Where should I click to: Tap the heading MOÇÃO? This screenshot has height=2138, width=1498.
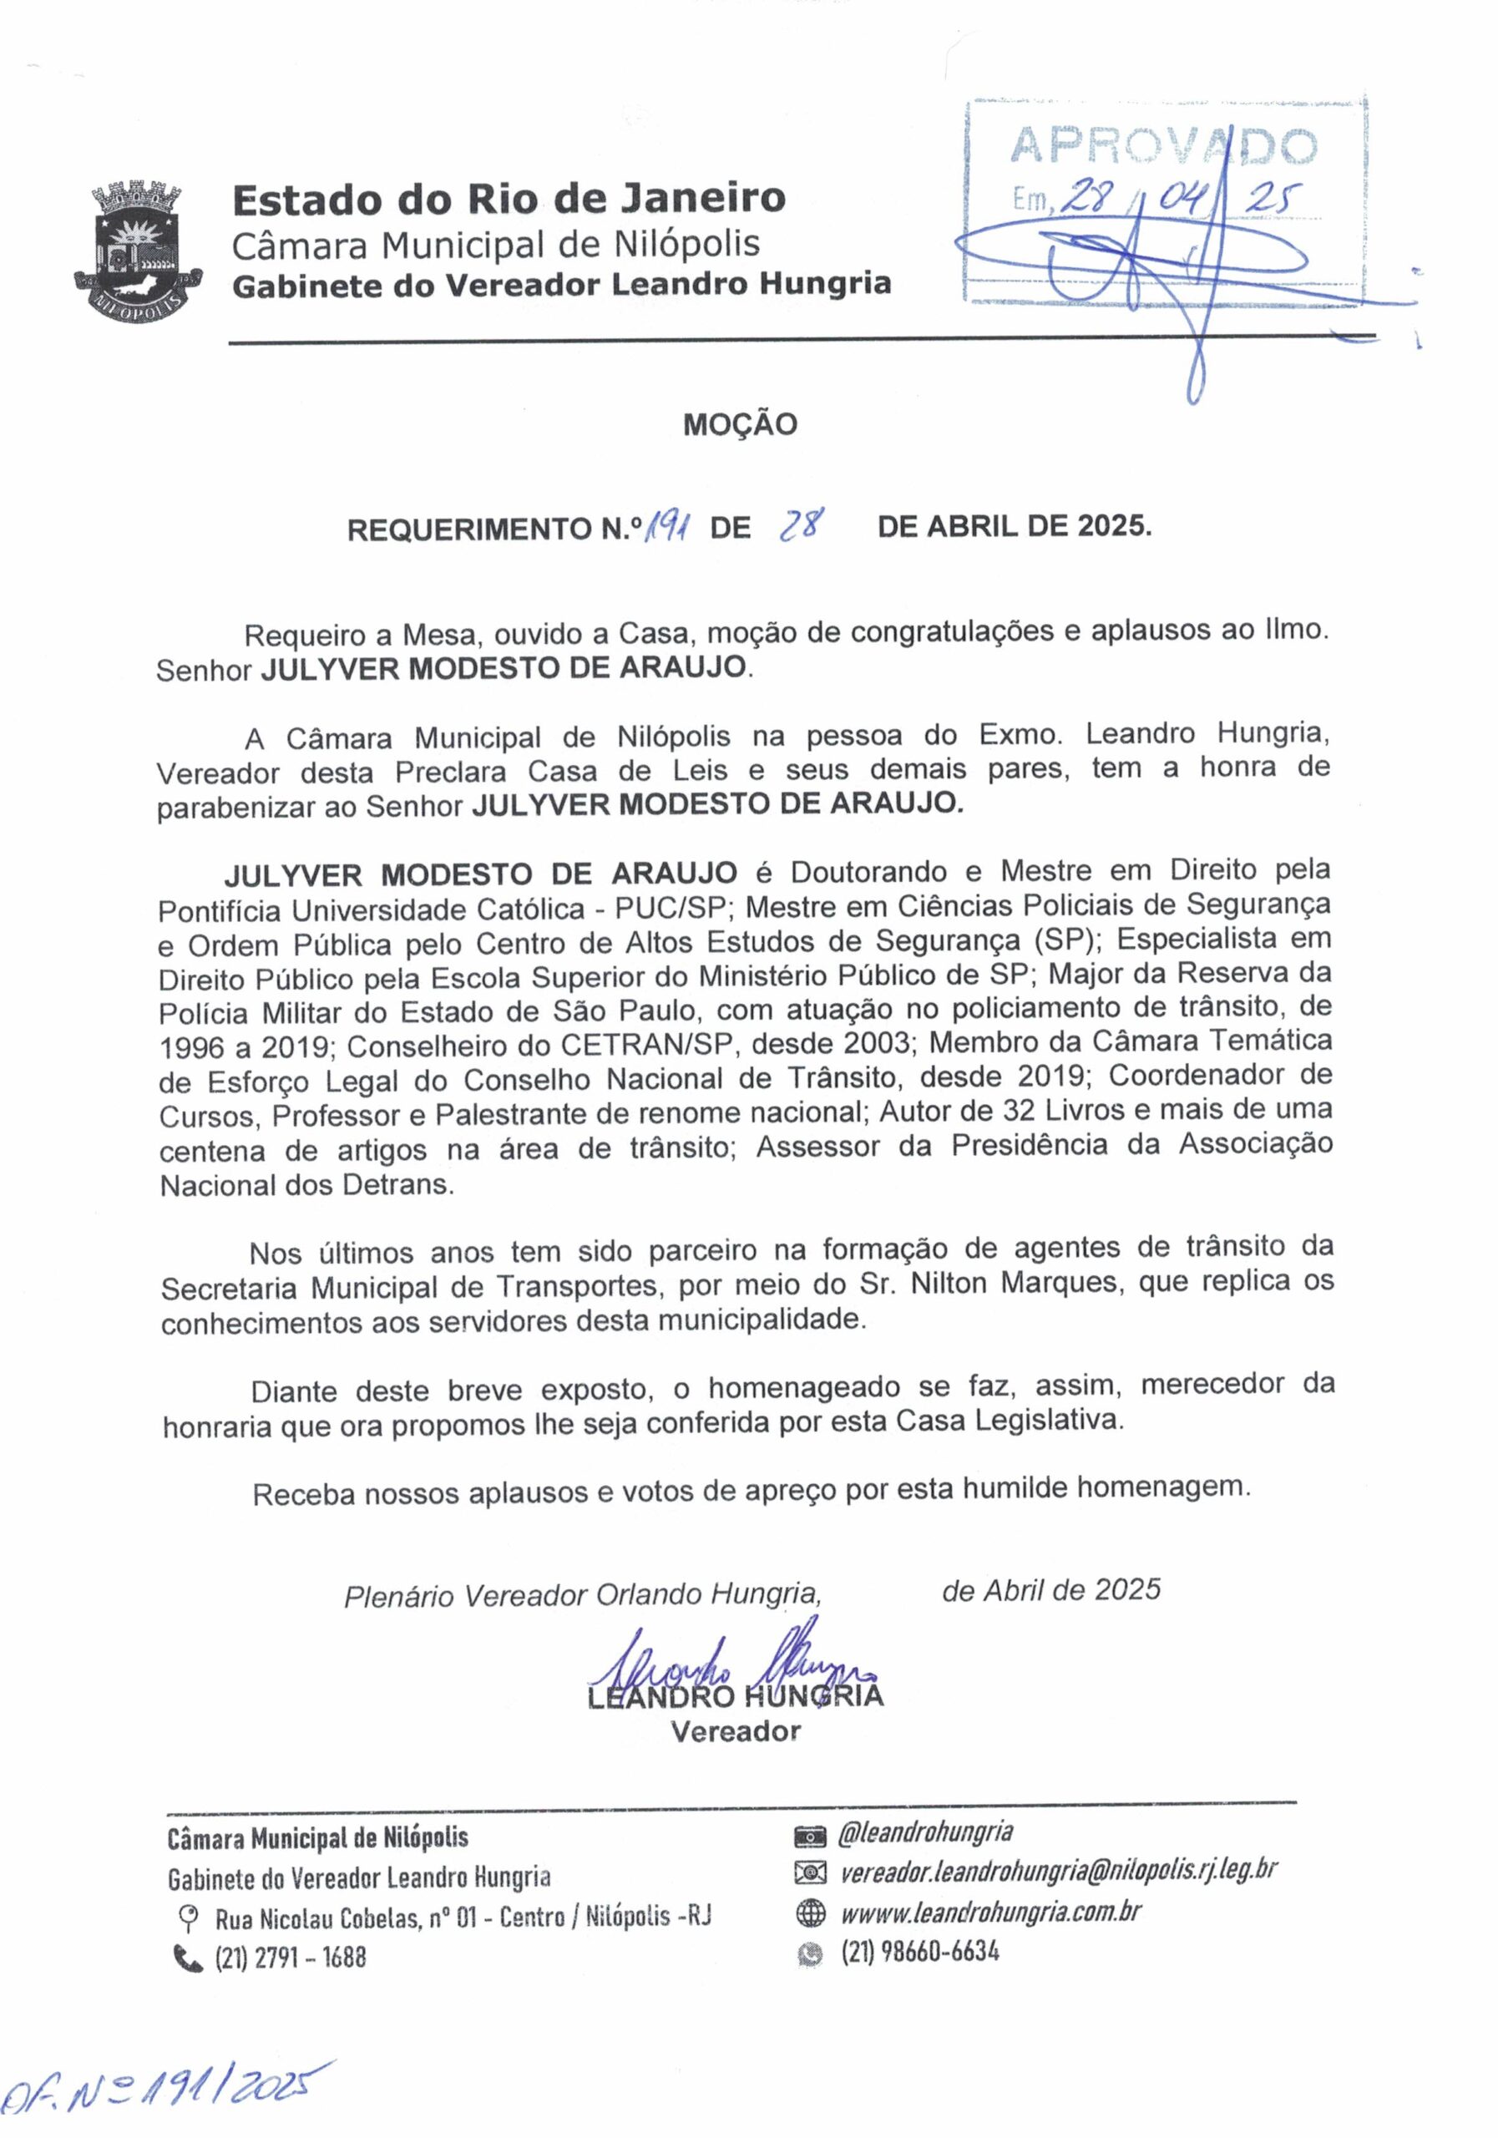coord(740,426)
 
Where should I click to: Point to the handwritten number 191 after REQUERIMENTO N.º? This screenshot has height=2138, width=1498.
coord(669,529)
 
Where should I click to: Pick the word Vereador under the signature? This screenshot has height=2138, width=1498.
coord(736,1732)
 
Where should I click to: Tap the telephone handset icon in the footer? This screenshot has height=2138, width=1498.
coord(188,1958)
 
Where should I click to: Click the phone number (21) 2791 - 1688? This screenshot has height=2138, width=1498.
coord(291,1958)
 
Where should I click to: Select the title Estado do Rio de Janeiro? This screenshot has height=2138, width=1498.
coord(509,198)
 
